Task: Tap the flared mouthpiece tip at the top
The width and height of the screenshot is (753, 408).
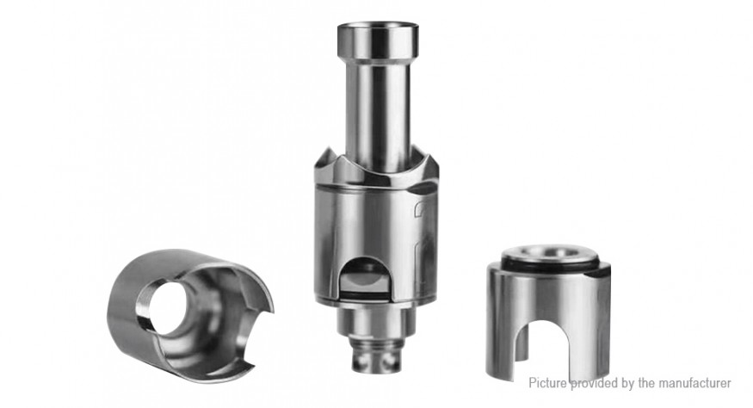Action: [x=378, y=40]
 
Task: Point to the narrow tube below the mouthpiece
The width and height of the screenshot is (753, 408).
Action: [x=378, y=115]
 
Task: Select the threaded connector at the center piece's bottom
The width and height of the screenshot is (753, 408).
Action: [x=375, y=356]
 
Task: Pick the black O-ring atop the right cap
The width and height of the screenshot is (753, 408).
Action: [x=551, y=262]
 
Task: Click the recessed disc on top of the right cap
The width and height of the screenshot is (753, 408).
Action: [x=551, y=253]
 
